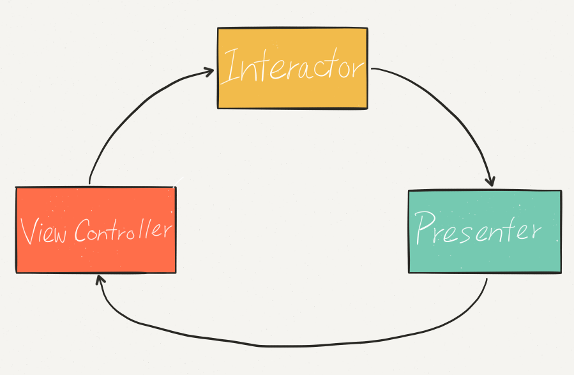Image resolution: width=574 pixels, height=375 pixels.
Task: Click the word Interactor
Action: [x=292, y=67]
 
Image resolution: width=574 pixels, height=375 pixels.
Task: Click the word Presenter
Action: [x=478, y=229]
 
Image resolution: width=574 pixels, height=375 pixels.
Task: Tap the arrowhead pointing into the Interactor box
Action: [x=208, y=72]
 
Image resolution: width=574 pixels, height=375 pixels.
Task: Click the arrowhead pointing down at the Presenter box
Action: [x=490, y=181]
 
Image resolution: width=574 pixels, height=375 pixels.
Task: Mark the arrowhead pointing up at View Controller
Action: [x=99, y=279]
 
